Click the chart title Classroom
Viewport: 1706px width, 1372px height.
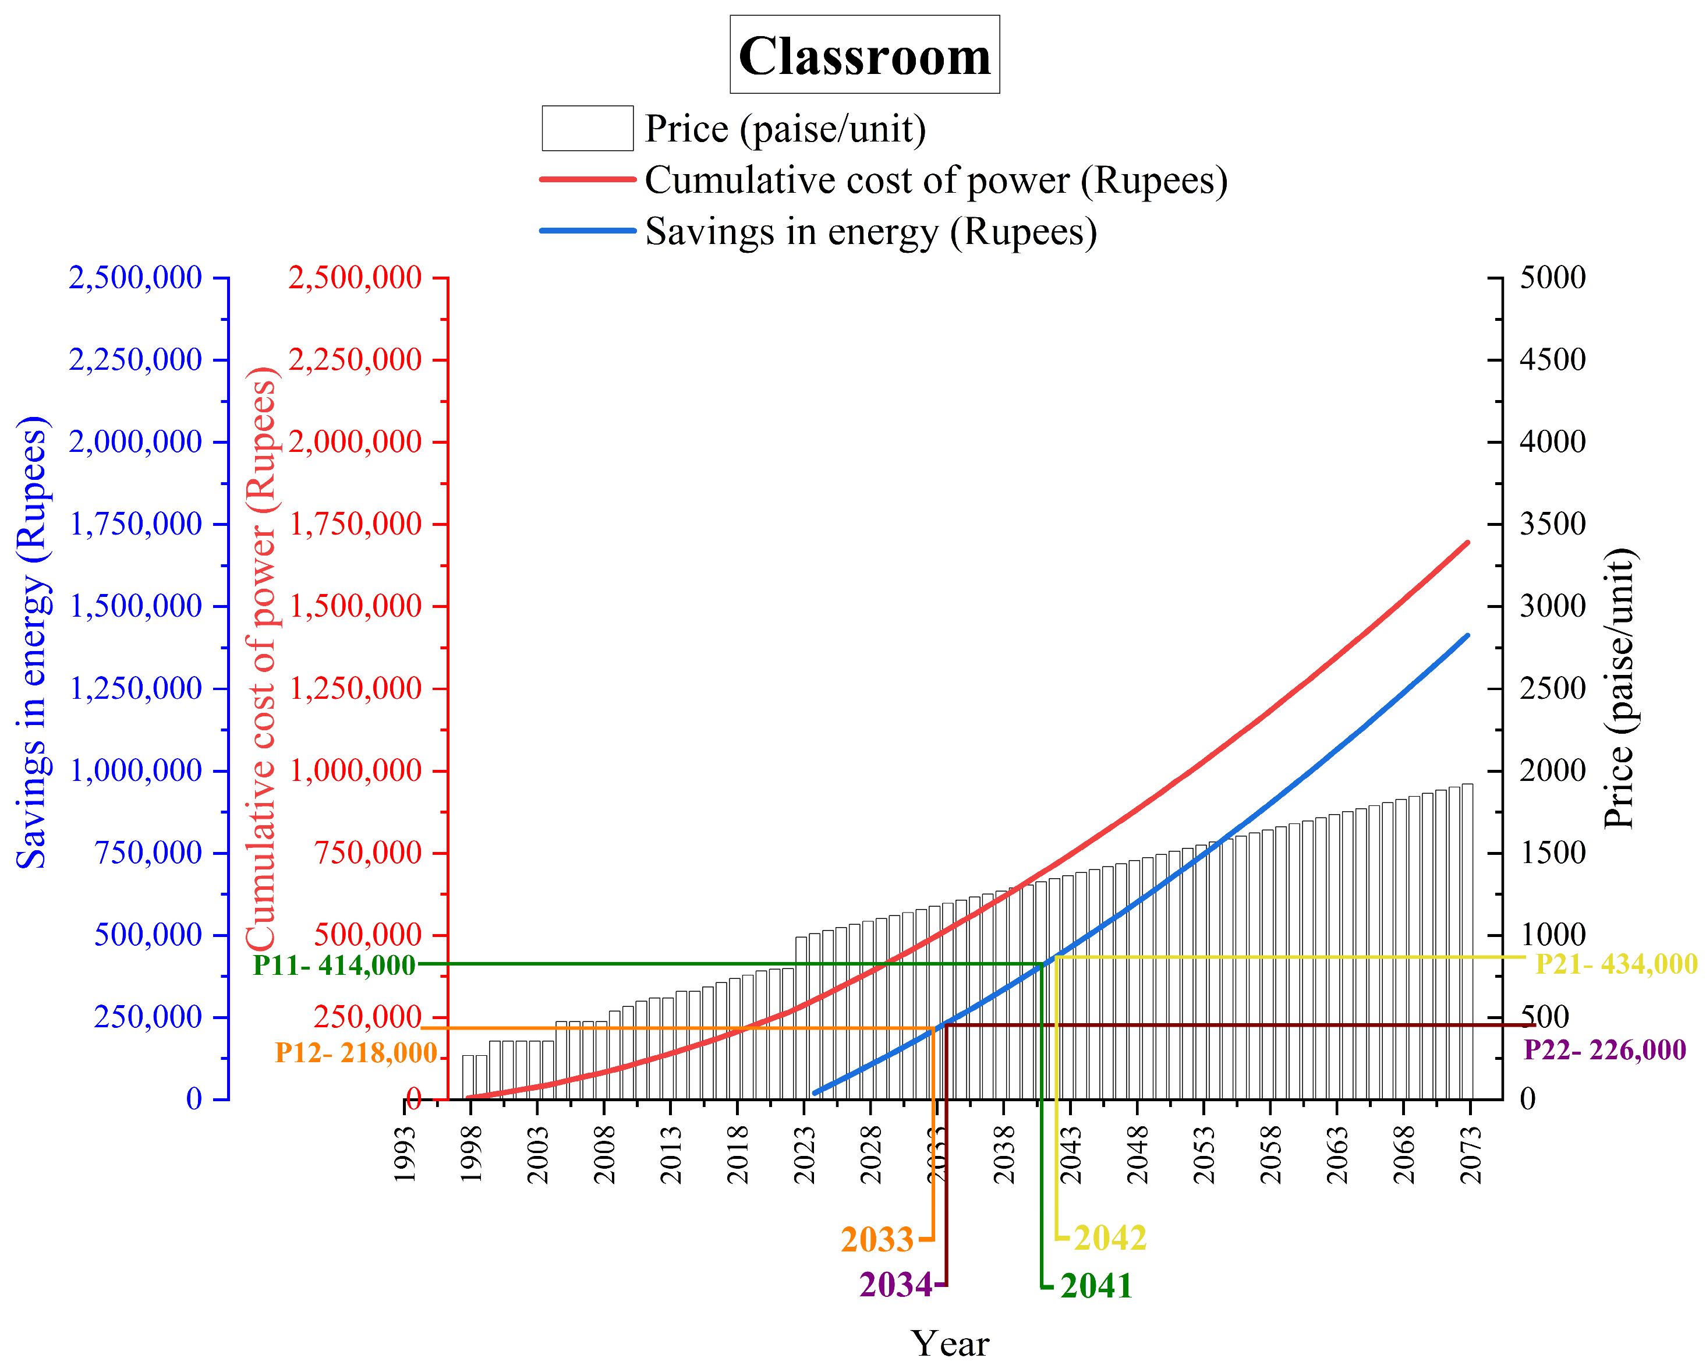click(864, 55)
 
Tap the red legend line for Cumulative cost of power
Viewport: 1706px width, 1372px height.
click(588, 179)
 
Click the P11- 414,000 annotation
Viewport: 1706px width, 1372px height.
click(334, 966)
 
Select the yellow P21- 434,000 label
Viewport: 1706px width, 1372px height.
click(1615, 964)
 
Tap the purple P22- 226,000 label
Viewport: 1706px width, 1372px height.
click(1604, 1050)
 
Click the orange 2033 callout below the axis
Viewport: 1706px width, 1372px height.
click(877, 1240)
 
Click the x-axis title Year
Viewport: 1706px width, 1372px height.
click(950, 1343)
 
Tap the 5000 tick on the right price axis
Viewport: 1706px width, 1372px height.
click(1552, 278)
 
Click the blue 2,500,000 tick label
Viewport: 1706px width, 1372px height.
click(135, 278)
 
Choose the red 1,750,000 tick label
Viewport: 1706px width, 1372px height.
click(355, 524)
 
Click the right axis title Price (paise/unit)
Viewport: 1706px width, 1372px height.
click(1620, 688)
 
